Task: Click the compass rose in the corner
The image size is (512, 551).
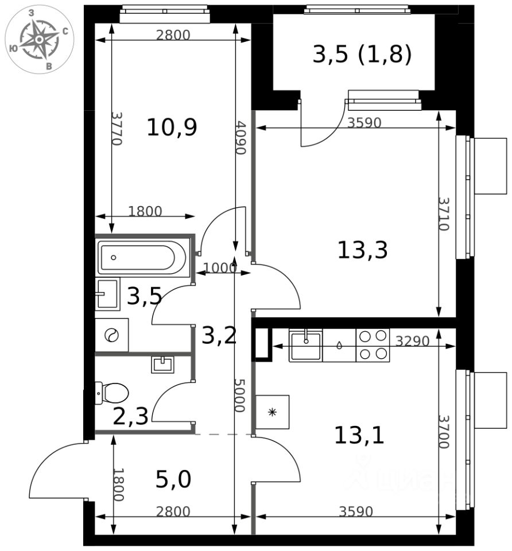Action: (x=40, y=40)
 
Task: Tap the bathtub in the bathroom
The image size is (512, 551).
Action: (x=142, y=258)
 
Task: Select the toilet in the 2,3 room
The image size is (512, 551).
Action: (x=112, y=393)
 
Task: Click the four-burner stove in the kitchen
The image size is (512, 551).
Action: (x=373, y=346)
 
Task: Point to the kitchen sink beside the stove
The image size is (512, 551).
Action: (x=306, y=346)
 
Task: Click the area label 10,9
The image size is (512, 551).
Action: (x=172, y=127)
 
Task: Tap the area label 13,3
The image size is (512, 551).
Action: (x=363, y=250)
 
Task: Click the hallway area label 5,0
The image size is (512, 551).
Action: (x=173, y=479)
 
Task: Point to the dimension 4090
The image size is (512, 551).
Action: (x=241, y=138)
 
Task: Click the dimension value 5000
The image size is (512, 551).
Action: (x=240, y=395)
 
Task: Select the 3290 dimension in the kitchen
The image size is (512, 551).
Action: (x=413, y=341)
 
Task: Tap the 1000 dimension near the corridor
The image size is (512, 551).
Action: (x=220, y=268)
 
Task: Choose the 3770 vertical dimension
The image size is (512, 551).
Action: (x=117, y=128)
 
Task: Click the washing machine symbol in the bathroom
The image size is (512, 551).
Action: (x=112, y=335)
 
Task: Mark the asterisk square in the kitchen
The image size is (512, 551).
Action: (x=272, y=412)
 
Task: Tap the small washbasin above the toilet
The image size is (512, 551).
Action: (x=162, y=364)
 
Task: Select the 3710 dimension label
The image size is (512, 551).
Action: (x=444, y=214)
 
